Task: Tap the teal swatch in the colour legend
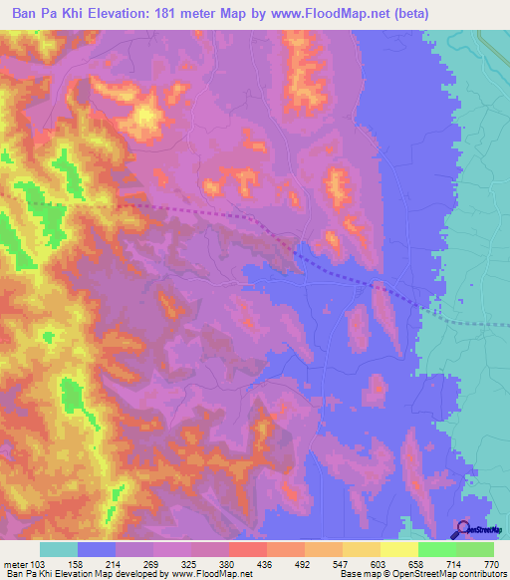coord(58,549)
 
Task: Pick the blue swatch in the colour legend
coord(96,549)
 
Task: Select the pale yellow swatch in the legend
coord(399,549)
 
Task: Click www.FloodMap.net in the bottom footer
coord(210,574)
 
